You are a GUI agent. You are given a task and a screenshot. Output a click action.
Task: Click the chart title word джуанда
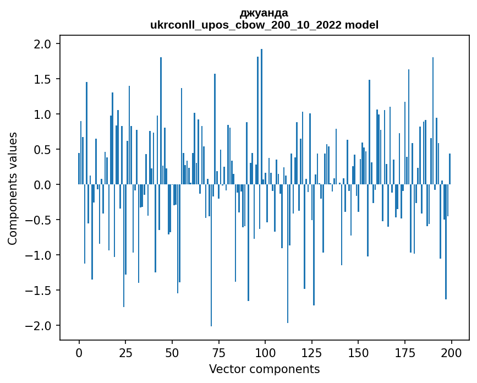click(264, 13)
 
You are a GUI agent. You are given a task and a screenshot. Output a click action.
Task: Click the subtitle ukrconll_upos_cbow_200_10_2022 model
click(264, 25)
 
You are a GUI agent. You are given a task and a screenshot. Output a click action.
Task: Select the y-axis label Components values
click(13, 188)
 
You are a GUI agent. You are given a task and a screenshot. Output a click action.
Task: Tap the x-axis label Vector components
click(264, 369)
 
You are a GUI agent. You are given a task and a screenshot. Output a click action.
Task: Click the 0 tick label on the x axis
click(79, 352)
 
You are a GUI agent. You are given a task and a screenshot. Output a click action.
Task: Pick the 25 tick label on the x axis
click(125, 352)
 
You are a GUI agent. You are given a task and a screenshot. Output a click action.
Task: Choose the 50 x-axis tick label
click(172, 352)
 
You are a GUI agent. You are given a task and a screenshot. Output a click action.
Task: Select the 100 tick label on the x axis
click(265, 352)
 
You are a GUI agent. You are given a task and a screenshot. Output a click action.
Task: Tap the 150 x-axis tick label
click(358, 352)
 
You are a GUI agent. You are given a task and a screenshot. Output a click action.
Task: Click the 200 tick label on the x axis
click(451, 352)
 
